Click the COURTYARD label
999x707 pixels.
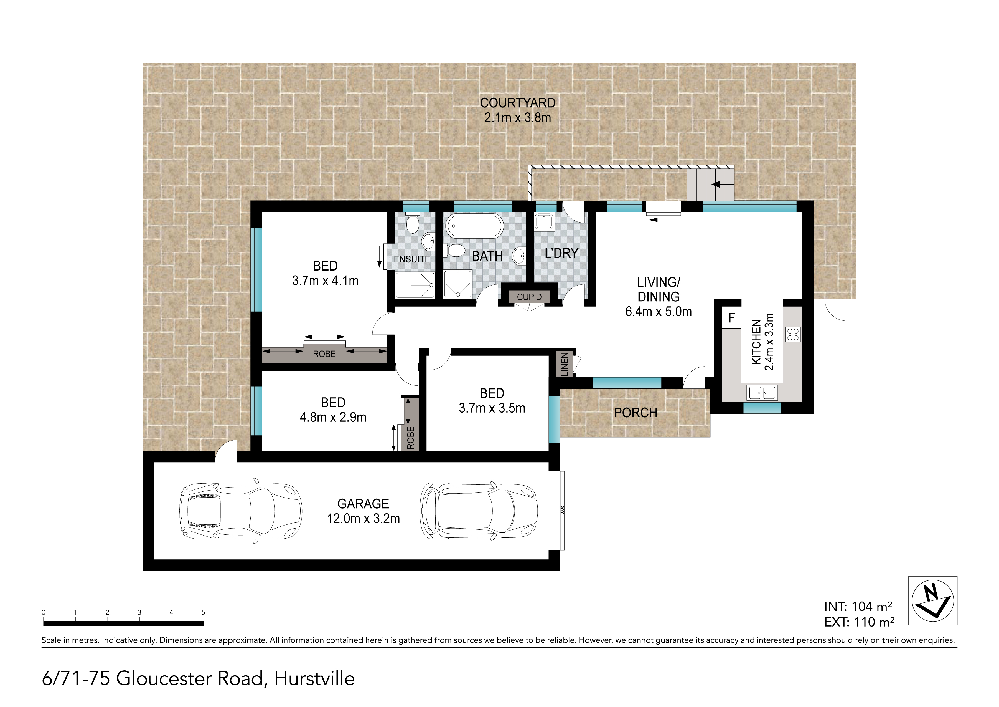[518, 103]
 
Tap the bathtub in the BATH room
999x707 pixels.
[475, 226]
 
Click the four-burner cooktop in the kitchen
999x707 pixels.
[793, 334]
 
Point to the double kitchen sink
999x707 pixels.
[762, 393]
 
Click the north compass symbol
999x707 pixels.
[933, 601]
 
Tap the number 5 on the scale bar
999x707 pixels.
[203, 612]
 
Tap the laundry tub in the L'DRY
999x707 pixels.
[544, 222]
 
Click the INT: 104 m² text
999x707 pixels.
[858, 607]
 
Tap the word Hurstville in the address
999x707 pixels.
[314, 679]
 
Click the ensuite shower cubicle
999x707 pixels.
[415, 286]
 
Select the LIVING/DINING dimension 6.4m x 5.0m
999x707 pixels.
[658, 312]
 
